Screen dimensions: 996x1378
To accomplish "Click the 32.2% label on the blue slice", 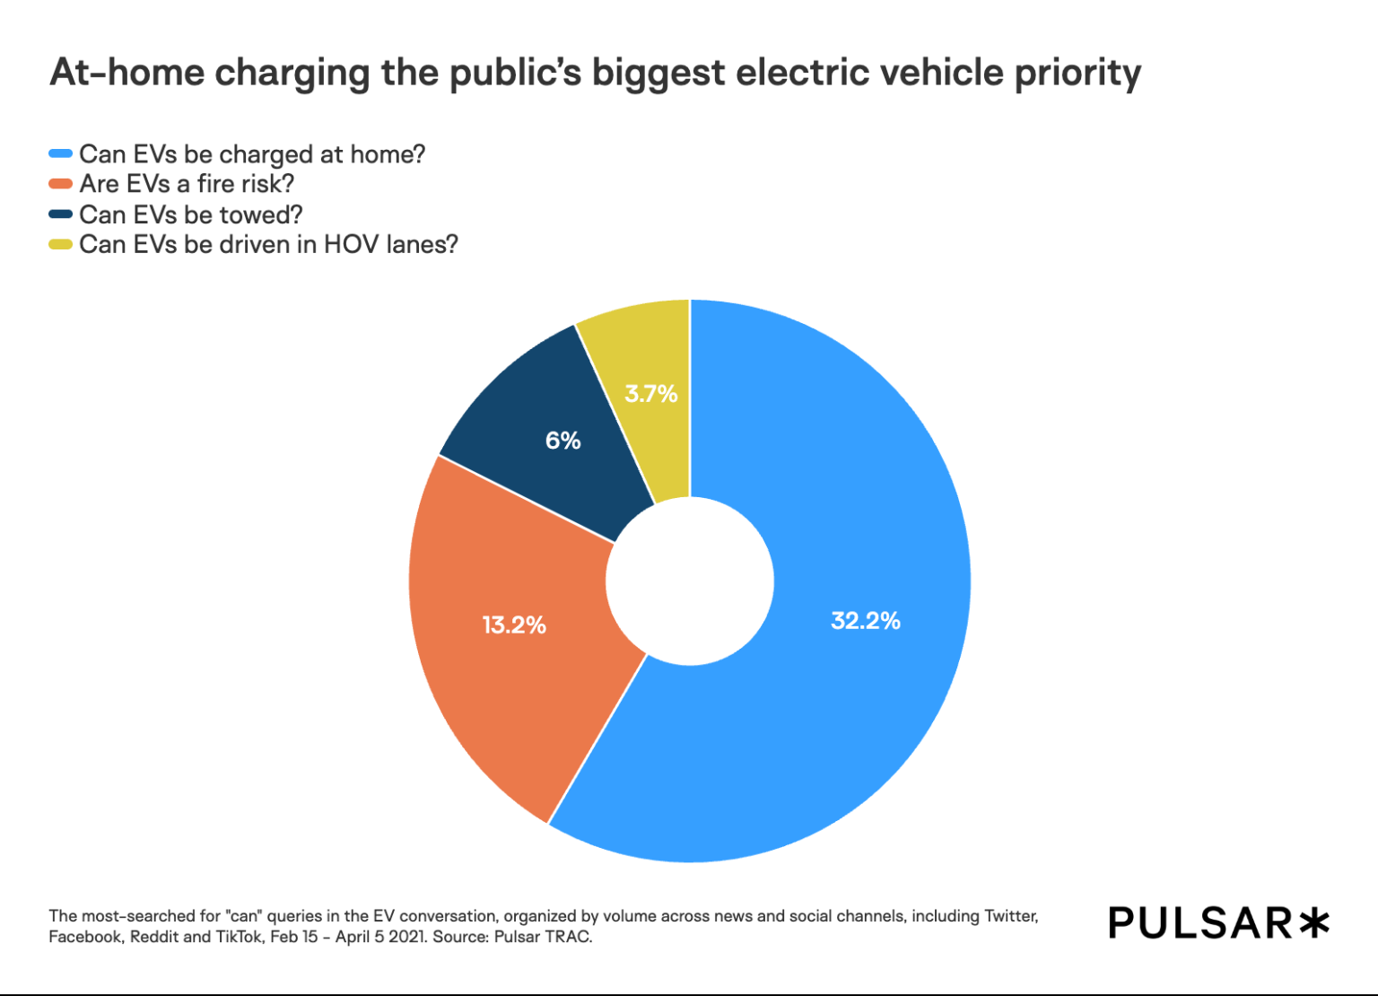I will [x=865, y=621].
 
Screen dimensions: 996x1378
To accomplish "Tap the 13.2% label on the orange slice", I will [x=514, y=625].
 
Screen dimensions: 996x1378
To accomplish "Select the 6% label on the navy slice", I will [x=563, y=441].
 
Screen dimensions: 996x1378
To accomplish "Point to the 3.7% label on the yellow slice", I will [x=651, y=394].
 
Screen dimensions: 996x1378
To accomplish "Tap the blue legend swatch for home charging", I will [x=60, y=154].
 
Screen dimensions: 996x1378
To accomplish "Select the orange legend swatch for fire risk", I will [x=60, y=184].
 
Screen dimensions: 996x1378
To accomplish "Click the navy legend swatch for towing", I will [x=60, y=214].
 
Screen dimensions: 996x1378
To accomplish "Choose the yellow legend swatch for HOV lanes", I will [x=60, y=244].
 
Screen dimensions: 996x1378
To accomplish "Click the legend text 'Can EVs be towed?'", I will [x=191, y=214].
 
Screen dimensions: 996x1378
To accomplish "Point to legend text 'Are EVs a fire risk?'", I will [x=187, y=184].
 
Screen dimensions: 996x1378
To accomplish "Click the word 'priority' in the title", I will [x=1077, y=74].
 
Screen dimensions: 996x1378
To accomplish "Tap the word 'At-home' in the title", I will [x=127, y=72].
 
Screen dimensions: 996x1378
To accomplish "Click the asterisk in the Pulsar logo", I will [x=1313, y=922].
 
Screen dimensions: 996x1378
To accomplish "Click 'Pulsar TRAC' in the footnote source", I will [x=542, y=937].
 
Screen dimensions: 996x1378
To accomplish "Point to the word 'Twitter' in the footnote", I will [x=1010, y=916].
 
